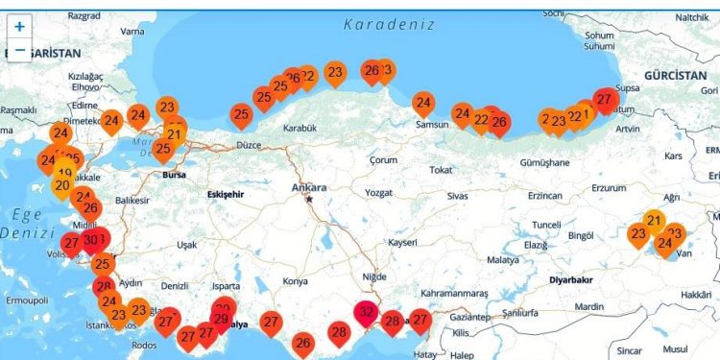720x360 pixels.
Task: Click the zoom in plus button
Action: point(20,27)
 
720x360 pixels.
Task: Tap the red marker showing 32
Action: point(366,311)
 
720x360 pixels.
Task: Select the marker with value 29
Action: point(221,320)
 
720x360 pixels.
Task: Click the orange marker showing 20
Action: point(62,185)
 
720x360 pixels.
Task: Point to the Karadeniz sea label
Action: point(389,23)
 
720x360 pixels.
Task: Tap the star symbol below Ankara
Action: point(309,199)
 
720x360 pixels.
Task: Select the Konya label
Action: point(296,281)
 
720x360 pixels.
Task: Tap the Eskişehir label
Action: point(228,194)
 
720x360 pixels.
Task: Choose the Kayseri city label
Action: point(402,243)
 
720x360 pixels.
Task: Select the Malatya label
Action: point(502,259)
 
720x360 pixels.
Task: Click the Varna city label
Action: point(132,31)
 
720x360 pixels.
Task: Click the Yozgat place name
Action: point(380,193)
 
